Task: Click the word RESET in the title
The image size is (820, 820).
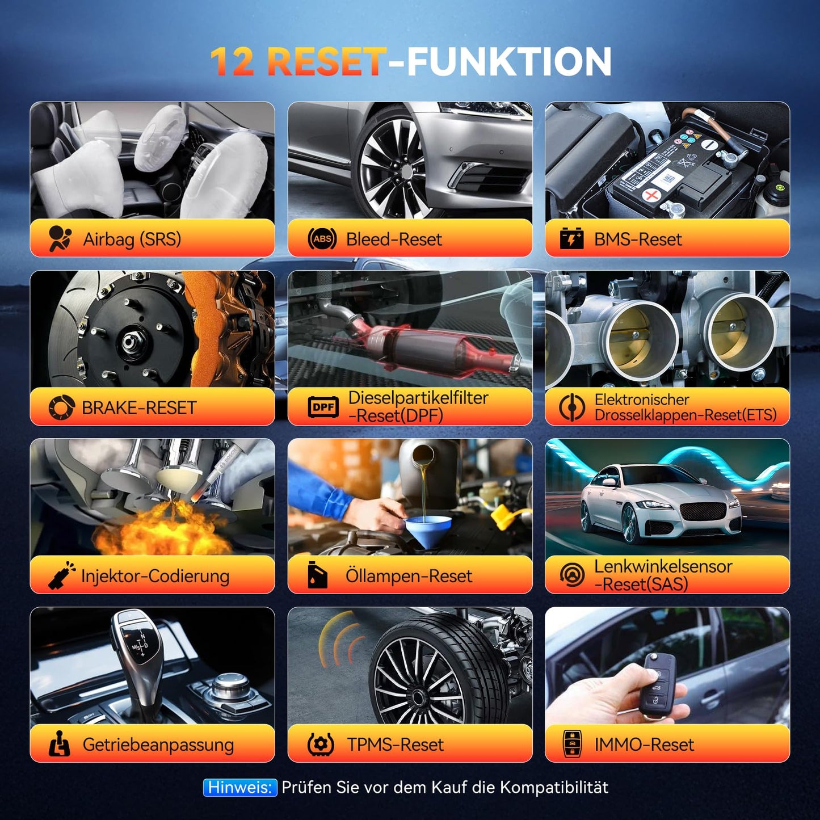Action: pos(326,61)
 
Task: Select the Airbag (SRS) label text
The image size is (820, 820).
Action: pos(132,239)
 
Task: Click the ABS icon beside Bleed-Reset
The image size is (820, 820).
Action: pos(322,239)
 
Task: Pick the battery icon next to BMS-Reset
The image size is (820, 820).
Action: pos(571,239)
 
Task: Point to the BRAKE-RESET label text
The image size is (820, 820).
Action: pos(139,407)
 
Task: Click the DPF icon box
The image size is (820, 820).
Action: pos(323,407)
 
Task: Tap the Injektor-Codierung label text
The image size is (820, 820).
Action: pos(155,576)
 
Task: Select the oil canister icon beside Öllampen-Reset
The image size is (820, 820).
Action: pos(317,575)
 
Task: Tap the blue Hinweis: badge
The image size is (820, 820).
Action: pos(240,787)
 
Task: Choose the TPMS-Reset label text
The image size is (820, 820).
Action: pos(396,745)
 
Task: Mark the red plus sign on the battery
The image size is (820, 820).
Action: pos(652,196)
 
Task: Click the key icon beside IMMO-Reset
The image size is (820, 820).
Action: pos(572,744)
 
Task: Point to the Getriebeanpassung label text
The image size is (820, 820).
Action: pos(158,745)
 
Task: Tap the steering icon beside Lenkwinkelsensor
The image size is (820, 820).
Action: pos(571,575)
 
